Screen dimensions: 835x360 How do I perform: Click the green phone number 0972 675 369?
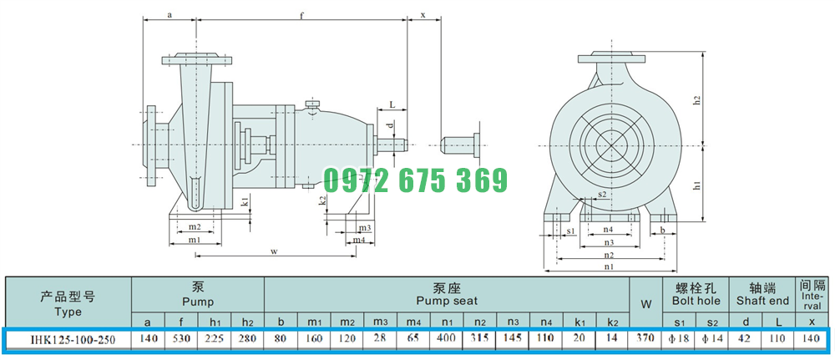pyautogui.click(x=415, y=180)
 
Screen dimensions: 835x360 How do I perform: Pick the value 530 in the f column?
pyautogui.click(x=181, y=338)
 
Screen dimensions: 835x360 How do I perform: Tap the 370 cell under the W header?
pyautogui.click(x=646, y=338)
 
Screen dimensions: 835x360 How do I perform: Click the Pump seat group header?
pyautogui.click(x=447, y=301)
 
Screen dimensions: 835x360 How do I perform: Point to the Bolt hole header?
pyautogui.click(x=696, y=301)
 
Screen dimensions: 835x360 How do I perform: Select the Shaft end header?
pyautogui.click(x=762, y=301)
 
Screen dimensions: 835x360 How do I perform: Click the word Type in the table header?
pyautogui.click(x=68, y=312)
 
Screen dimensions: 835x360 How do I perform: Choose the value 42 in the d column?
pyautogui.click(x=746, y=338)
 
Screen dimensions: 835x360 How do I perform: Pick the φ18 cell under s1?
pyautogui.click(x=679, y=338)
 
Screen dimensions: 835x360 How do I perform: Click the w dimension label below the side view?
pyautogui.click(x=274, y=251)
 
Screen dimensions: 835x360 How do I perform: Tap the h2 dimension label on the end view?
pyautogui.click(x=696, y=99)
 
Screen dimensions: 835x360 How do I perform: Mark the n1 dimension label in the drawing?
pyautogui.click(x=609, y=266)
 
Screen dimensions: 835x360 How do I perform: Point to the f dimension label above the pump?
pyautogui.click(x=301, y=15)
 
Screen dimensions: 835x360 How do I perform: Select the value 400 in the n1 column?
pyautogui.click(x=446, y=338)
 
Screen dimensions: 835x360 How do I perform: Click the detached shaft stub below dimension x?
pyautogui.click(x=461, y=145)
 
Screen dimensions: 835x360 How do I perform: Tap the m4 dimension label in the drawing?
pyautogui.click(x=360, y=241)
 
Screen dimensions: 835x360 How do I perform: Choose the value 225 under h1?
pyautogui.click(x=215, y=338)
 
